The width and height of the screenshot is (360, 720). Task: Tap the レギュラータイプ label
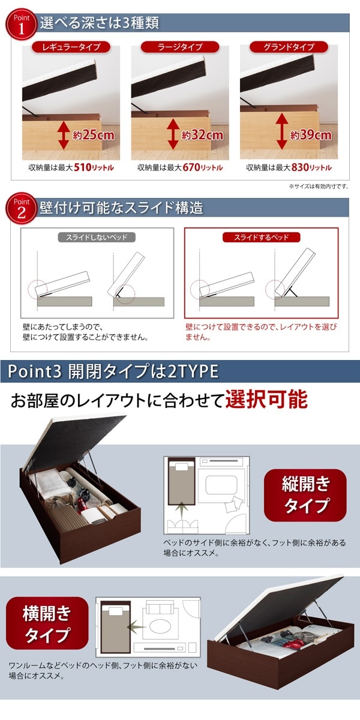71,47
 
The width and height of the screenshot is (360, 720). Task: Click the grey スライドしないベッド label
97,237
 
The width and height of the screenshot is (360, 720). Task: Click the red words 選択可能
266,400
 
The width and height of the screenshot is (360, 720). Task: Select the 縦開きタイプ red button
306,494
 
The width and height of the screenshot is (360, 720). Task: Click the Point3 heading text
113,371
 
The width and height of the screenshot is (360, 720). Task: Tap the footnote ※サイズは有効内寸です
318,187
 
